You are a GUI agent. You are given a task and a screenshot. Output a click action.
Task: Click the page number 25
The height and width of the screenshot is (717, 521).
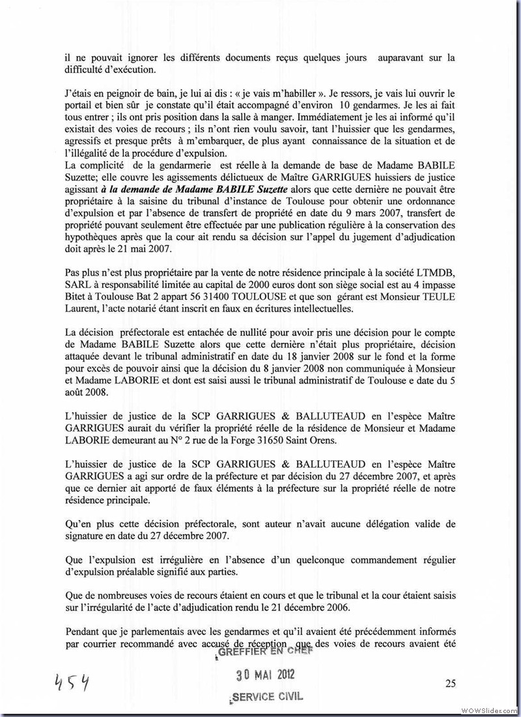click(x=449, y=683)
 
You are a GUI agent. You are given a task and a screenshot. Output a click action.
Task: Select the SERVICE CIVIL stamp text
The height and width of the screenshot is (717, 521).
click(x=267, y=696)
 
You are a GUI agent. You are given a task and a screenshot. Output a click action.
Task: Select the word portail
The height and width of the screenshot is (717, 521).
click(x=83, y=100)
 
